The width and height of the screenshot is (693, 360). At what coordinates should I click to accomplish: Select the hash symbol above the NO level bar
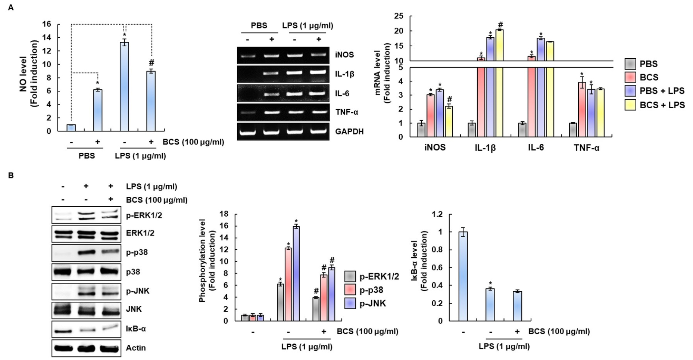pyautogui.click(x=151, y=63)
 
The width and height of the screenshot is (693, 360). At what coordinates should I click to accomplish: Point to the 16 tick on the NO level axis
pyautogui.click(x=46, y=24)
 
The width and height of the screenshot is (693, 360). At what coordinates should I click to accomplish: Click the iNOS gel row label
pyautogui.click(x=344, y=55)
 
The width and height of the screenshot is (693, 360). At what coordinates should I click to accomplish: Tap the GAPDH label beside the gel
pyautogui.click(x=349, y=131)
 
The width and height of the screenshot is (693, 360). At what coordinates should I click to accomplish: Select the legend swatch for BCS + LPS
pyautogui.click(x=630, y=105)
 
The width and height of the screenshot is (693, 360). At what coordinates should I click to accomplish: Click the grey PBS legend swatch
pyautogui.click(x=630, y=64)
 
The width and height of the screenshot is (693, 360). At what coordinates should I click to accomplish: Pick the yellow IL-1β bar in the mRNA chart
pyautogui.click(x=499, y=82)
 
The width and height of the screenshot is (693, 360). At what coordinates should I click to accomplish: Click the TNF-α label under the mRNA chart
pyautogui.click(x=586, y=148)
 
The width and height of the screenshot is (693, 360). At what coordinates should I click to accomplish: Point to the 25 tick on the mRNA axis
pyautogui.click(x=399, y=16)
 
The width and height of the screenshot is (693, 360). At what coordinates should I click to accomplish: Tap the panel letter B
pyautogui.click(x=11, y=175)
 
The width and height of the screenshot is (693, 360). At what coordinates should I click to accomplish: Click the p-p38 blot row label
pyautogui.click(x=137, y=252)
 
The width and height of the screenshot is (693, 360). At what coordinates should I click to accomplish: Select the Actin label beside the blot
pyautogui.click(x=135, y=348)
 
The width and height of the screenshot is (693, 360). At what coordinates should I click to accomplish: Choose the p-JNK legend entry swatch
pyautogui.click(x=350, y=303)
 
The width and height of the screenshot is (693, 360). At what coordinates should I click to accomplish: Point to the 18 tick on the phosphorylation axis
pyautogui.click(x=224, y=214)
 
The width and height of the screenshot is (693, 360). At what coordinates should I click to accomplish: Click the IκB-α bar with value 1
pyautogui.click(x=463, y=276)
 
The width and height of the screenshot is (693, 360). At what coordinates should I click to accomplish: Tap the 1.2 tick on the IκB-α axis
pyautogui.click(x=437, y=214)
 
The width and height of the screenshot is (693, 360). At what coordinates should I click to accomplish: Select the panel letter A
pyautogui.click(x=11, y=7)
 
